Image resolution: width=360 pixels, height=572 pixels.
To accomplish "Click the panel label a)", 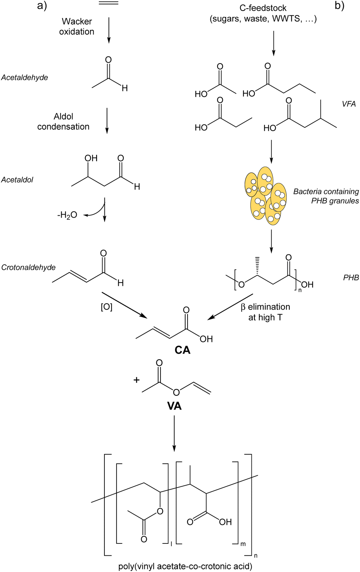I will (x=42, y=6).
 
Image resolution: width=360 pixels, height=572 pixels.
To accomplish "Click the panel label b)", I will (x=339, y=6).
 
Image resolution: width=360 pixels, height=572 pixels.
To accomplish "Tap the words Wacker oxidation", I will (x=77, y=26).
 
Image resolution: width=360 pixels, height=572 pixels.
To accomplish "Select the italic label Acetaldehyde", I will (x=24, y=77).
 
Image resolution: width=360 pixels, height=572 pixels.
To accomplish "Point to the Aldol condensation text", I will (x=63, y=121).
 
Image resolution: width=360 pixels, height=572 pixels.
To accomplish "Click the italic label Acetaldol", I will (x=17, y=180).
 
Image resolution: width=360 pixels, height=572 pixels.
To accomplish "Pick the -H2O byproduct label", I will (x=67, y=215).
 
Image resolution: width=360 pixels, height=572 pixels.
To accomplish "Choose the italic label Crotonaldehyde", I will (x=28, y=267).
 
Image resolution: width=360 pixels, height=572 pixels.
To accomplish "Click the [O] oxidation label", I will (x=106, y=307).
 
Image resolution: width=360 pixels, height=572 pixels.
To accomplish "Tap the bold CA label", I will (x=182, y=350).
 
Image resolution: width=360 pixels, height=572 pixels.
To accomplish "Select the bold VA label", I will (x=174, y=406).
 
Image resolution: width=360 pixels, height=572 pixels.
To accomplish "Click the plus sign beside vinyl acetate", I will (x=136, y=380).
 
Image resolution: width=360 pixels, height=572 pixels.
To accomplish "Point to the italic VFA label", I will (x=348, y=104).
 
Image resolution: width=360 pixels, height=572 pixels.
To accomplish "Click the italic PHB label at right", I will (x=351, y=277).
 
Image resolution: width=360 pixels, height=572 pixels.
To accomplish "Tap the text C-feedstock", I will (x=263, y=8).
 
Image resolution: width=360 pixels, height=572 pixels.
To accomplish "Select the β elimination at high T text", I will (x=265, y=312).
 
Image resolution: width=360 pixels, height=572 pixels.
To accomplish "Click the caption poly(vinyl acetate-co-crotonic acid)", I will (x=185, y=566).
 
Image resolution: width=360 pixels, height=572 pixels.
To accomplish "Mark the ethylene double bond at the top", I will (x=108, y=3).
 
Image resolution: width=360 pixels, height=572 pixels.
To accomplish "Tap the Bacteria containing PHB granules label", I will (x=326, y=196).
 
